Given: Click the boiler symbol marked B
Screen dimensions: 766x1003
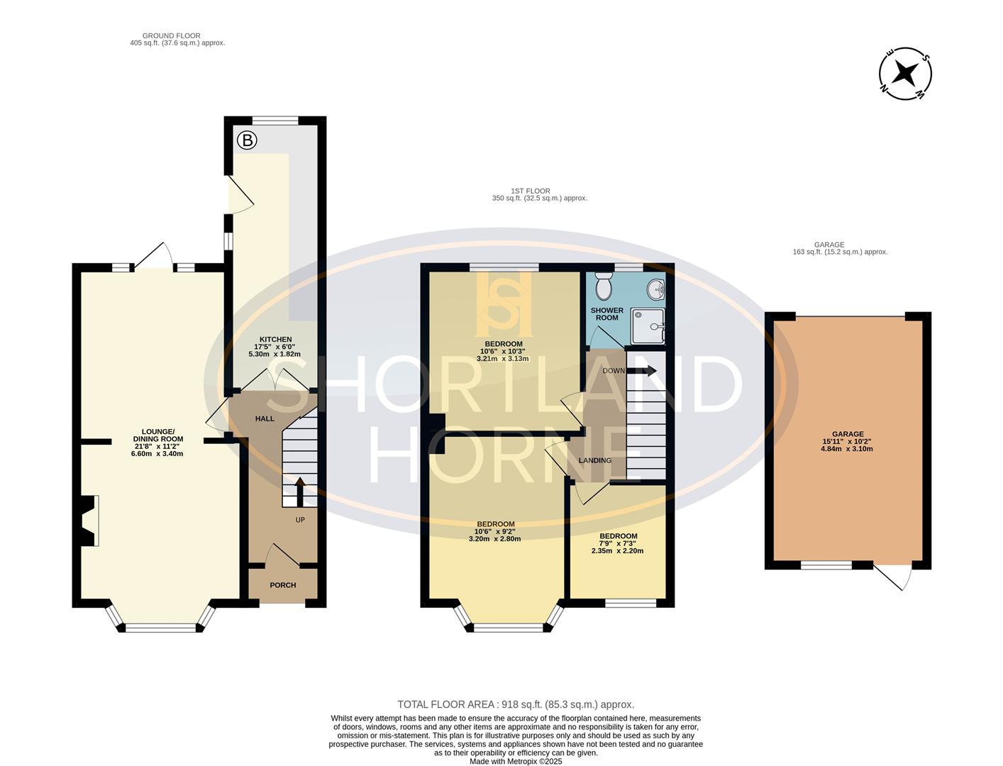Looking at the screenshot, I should [x=247, y=140].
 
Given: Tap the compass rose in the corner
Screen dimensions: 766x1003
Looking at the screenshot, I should [x=905, y=74].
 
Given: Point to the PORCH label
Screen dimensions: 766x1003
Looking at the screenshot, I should [x=283, y=585].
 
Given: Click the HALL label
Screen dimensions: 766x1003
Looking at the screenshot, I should [x=265, y=418].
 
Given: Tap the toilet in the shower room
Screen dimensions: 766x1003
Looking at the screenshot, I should [x=604, y=287].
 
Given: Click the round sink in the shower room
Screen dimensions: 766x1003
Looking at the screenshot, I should [x=655, y=288].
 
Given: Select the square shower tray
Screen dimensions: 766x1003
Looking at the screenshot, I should [x=648, y=326].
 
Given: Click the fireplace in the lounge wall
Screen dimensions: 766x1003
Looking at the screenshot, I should [x=89, y=521].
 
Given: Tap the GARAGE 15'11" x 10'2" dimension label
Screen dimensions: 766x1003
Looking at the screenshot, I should [x=848, y=441].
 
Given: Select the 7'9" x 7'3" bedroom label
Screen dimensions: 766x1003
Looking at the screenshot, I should [x=618, y=543].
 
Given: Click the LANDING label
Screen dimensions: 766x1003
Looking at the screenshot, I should [x=594, y=460].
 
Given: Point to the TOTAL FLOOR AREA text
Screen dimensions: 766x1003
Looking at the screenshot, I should [x=516, y=704].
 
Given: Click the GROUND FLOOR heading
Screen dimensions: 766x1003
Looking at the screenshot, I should [x=172, y=39].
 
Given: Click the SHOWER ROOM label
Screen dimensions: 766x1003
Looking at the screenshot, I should [x=606, y=313].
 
